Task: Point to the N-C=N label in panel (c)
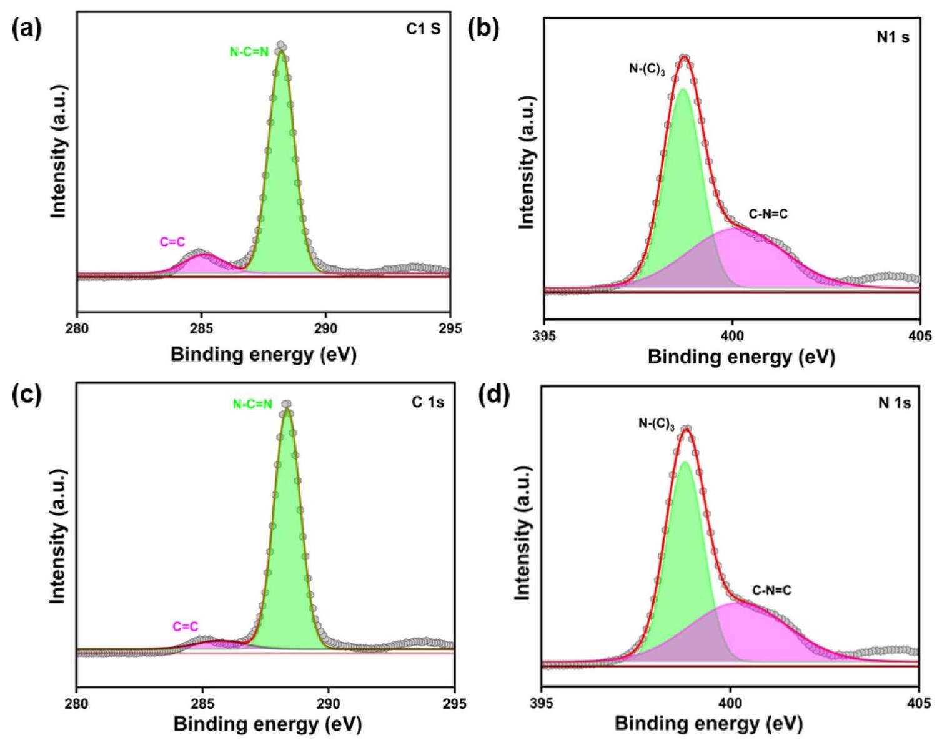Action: (252, 405)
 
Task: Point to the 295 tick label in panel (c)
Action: (454, 701)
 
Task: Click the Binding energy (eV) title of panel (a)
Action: (263, 355)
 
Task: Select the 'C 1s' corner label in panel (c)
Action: (427, 402)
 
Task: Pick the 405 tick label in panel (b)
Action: (919, 336)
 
